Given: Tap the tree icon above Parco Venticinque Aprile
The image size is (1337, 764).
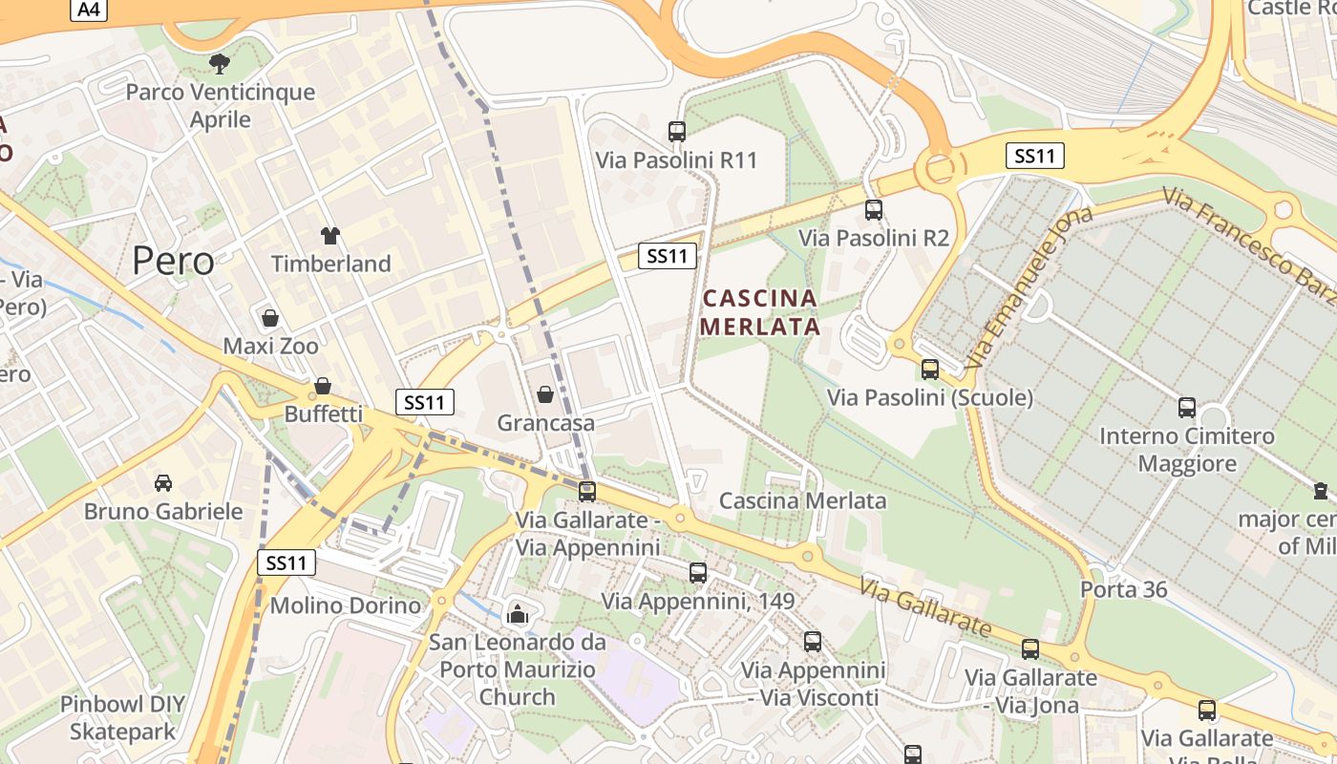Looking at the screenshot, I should (220, 64).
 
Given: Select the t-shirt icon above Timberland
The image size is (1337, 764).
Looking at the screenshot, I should (330, 236).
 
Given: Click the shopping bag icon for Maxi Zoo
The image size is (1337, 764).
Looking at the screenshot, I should (270, 318).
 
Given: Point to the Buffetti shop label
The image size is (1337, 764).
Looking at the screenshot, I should (324, 414).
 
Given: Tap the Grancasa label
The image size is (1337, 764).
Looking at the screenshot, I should (545, 422).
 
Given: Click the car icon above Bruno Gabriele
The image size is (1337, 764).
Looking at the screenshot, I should (163, 483).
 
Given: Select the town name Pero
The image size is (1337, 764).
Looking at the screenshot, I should (174, 260).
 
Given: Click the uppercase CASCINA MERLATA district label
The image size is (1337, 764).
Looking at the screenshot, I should (760, 312).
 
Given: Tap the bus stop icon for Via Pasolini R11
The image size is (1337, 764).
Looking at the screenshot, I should (677, 132).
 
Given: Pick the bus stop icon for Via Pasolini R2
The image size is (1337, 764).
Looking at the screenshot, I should (874, 210).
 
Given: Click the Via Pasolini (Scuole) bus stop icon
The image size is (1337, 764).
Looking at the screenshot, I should (930, 370).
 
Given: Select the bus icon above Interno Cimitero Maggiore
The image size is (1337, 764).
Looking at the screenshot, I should (1187, 408).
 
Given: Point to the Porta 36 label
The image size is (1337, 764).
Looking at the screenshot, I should (1124, 589).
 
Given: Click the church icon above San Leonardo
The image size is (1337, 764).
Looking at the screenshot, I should (518, 614).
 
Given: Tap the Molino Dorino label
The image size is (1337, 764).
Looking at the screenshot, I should (346, 605).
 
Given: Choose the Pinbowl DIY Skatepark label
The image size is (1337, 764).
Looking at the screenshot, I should (122, 718).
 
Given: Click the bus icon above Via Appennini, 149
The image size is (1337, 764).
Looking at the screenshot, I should (698, 573).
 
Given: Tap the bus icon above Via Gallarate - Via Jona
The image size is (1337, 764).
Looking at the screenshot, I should (1030, 649).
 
